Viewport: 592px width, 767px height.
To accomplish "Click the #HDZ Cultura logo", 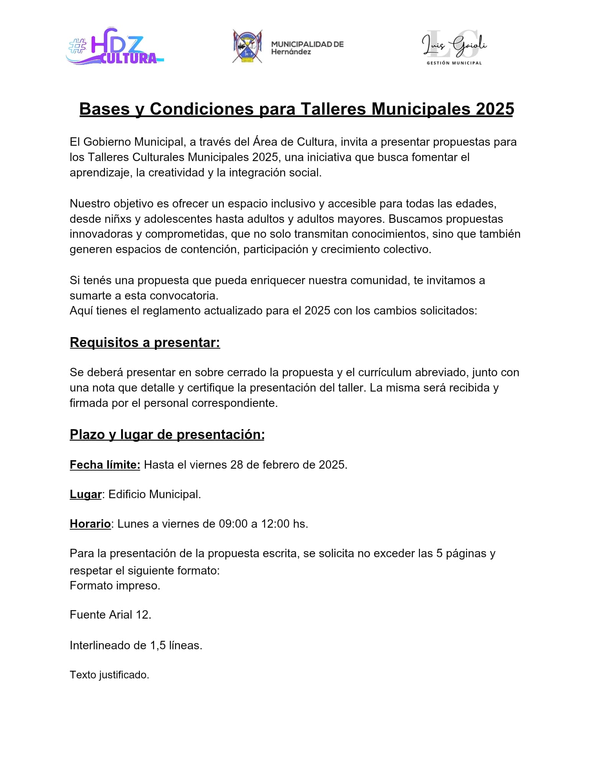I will coord(114,47).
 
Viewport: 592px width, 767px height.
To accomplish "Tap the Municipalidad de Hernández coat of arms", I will coord(248,46).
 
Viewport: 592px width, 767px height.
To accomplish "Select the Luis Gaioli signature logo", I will coord(454,45).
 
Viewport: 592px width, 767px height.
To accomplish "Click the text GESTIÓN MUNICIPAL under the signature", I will coord(454,63).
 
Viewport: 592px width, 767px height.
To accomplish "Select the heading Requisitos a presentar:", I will coord(145,342).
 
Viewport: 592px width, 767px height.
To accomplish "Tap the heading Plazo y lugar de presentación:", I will coord(167,434).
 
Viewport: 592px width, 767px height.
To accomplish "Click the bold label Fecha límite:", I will coord(105,465).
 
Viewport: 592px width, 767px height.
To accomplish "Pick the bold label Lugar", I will coord(85,494).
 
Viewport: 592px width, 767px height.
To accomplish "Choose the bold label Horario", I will coord(90,524).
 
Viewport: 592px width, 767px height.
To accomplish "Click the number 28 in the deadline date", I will coord(237,465).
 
